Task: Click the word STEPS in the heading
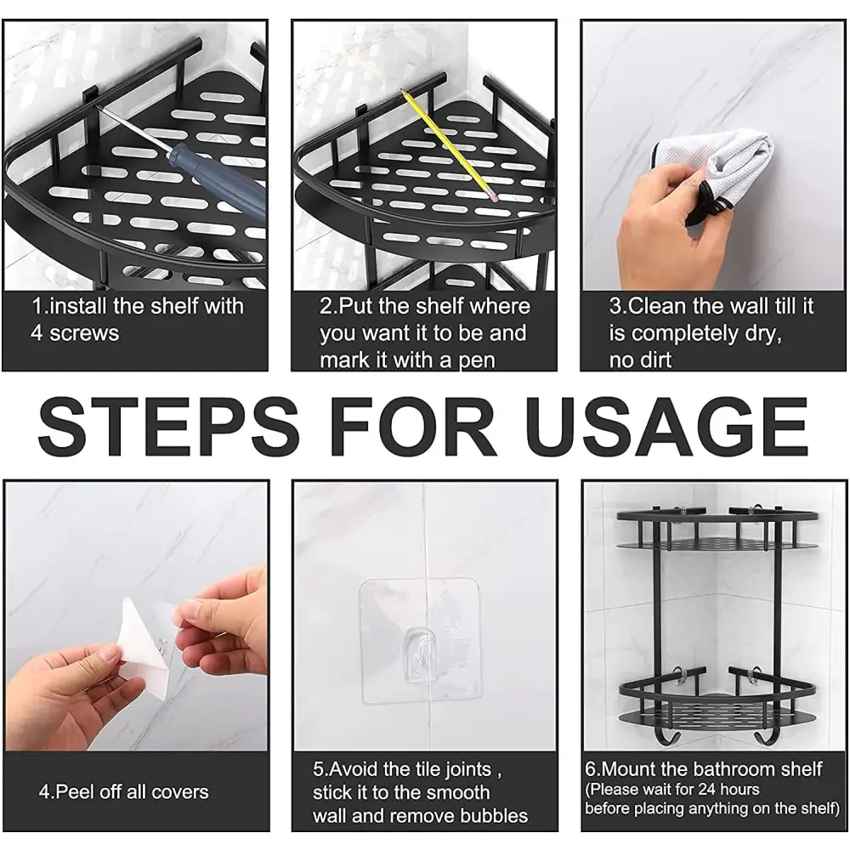coord(168,427)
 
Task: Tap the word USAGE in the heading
coord(666,427)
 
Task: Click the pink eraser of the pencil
coord(494,198)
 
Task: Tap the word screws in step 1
coord(84,333)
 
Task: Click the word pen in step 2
coord(477,361)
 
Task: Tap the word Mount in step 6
coord(630,769)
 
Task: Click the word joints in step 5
coord(467,770)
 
